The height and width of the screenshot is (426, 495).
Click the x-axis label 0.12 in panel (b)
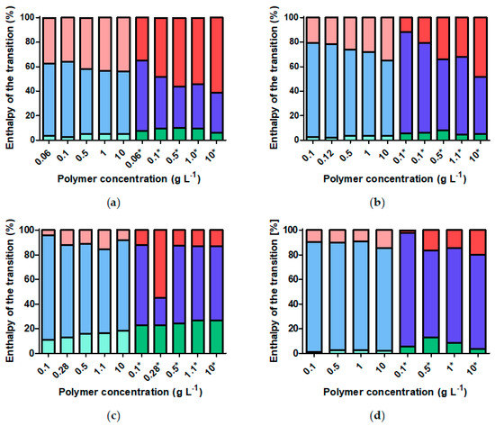pos(308,156)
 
